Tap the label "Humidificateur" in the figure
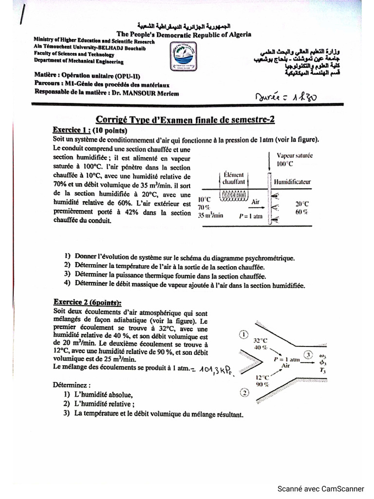click(292, 181)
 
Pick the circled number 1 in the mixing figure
click(243, 334)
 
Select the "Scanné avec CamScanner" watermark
click(320, 488)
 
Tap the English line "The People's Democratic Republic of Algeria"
click(184, 34)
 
